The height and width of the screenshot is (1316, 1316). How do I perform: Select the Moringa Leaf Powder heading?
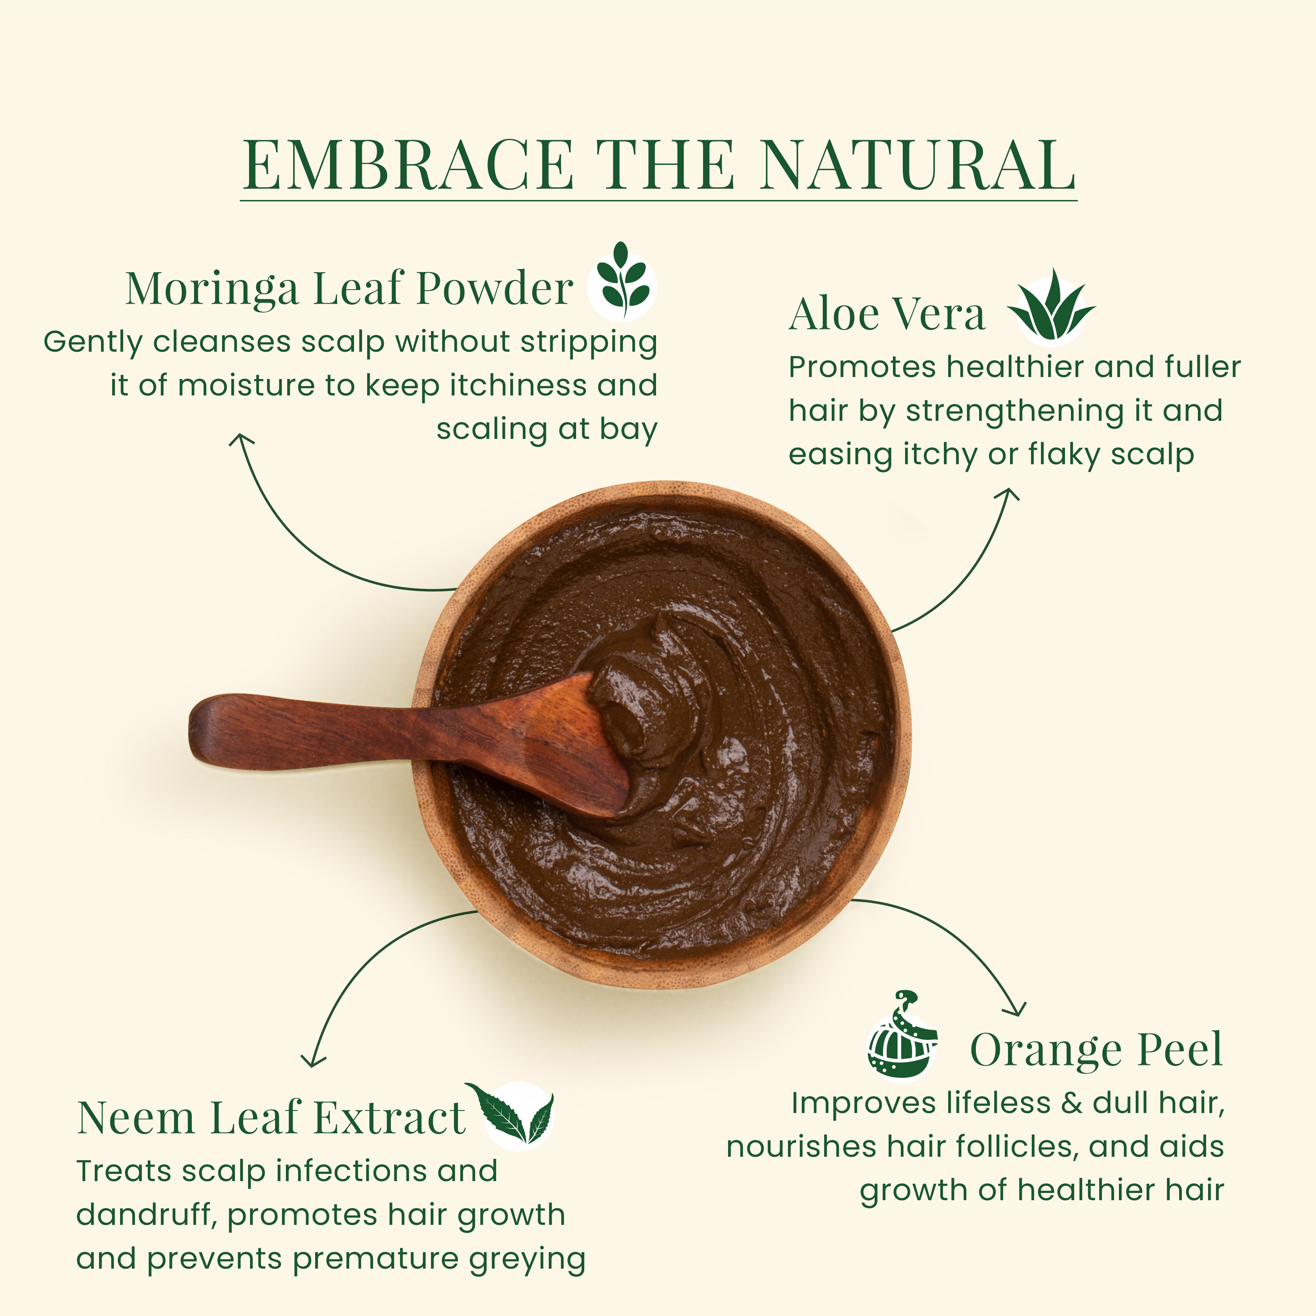(x=349, y=289)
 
